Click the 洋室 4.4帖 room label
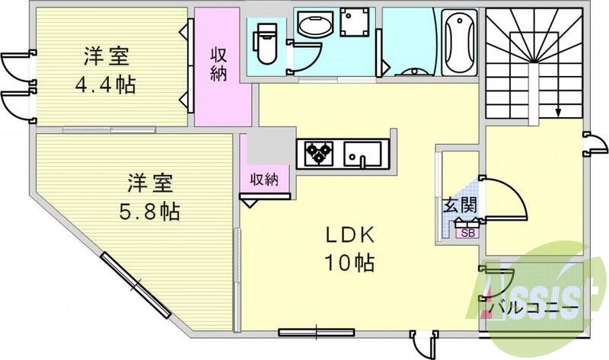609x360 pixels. pyautogui.click(x=107, y=70)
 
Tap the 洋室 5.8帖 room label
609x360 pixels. pyautogui.click(x=150, y=196)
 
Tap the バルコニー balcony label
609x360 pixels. pyautogui.click(x=534, y=307)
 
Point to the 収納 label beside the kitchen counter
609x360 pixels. pyautogui.click(x=264, y=179)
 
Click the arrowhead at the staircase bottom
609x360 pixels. pyautogui.click(x=559, y=113)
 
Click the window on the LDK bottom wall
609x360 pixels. pyautogui.click(x=308, y=332)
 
